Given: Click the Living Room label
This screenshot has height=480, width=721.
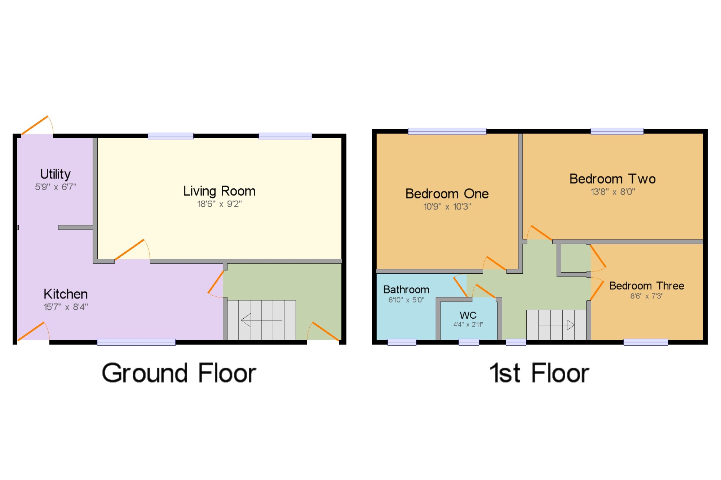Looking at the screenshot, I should tap(219, 191).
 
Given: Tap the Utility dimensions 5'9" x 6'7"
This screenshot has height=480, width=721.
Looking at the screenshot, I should tap(56, 187).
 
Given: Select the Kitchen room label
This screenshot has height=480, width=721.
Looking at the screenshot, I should tap(66, 294).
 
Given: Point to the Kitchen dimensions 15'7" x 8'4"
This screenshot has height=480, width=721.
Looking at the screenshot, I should tap(66, 307).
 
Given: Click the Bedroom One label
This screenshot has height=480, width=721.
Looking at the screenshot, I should tap(447, 194).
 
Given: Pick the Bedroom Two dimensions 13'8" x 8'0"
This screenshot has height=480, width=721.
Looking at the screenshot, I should tap(613, 192).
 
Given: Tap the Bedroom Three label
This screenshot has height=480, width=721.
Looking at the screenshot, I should tap(647, 286).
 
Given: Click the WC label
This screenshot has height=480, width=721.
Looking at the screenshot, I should tap(468, 315).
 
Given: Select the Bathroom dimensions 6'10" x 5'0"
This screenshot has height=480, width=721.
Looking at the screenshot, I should tap(406, 300).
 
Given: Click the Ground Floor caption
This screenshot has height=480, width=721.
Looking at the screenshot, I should tap(179, 373).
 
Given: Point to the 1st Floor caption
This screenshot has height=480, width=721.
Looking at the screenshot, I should tap(539, 373).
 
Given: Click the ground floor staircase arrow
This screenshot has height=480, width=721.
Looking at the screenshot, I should tap(261, 320).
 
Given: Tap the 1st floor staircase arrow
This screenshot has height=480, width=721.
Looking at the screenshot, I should tap(557, 325).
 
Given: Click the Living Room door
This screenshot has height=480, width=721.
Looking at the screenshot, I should tap(130, 249).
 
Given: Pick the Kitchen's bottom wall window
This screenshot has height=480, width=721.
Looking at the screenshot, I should tap(136, 342).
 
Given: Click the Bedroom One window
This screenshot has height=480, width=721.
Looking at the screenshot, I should tap(447, 131).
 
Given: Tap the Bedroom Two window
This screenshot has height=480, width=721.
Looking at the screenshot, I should tap(617, 131).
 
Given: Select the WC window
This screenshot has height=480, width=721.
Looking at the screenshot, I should tap(469, 342).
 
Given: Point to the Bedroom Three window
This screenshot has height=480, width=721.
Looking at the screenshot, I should tap(645, 342).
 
